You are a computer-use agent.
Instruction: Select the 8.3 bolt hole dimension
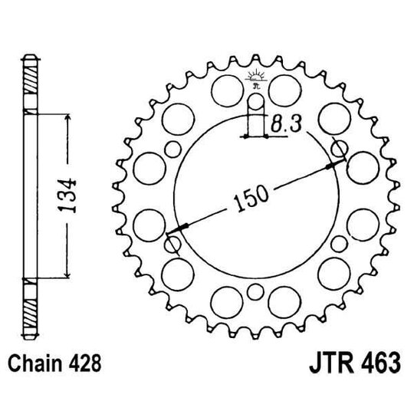coord(285,123)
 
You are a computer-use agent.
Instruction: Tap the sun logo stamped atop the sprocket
coord(255,77)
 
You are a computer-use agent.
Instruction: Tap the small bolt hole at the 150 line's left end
coord(173,245)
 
